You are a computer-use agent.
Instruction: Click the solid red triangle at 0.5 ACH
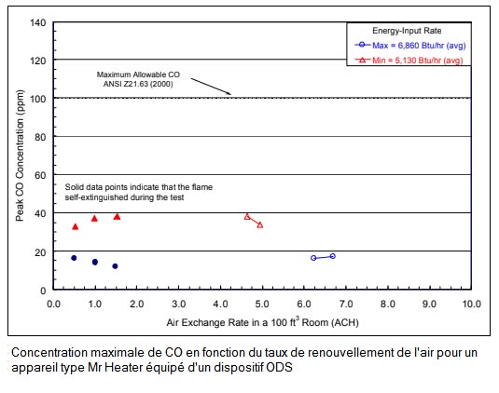tap(76, 226)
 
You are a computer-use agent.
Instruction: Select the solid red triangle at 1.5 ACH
tap(118, 217)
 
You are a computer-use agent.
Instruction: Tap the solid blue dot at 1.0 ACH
tap(95, 262)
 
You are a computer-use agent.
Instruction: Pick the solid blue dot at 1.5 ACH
tap(115, 266)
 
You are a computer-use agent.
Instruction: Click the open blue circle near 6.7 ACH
tap(333, 256)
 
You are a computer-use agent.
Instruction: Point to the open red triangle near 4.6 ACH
tap(247, 217)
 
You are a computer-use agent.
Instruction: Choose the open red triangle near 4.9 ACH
tap(260, 225)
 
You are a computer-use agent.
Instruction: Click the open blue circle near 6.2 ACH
tap(313, 258)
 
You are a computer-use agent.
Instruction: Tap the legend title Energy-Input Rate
tap(407, 31)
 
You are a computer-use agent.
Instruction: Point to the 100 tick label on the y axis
tap(38, 99)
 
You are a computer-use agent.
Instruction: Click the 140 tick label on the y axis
tap(38, 22)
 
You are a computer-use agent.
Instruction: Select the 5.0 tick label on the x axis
tap(262, 304)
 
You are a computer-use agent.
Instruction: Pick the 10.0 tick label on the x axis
tap(471, 304)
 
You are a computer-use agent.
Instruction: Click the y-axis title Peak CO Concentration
tap(20, 156)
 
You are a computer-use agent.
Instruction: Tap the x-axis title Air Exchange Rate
tap(262, 322)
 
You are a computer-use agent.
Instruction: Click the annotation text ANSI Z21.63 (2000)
tap(138, 84)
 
